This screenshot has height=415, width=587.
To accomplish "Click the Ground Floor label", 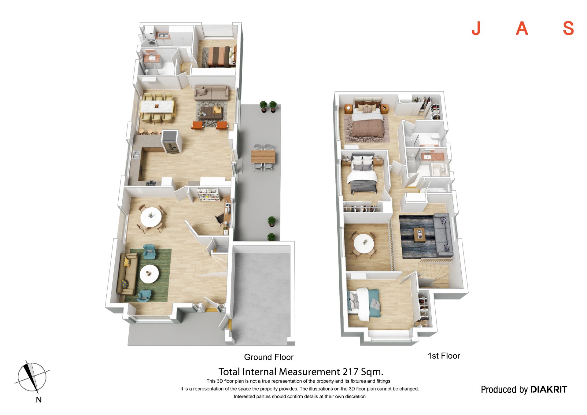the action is click(x=268, y=357).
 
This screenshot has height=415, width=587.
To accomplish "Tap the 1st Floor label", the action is click(x=444, y=356).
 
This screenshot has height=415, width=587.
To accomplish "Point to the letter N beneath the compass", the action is click(x=39, y=400).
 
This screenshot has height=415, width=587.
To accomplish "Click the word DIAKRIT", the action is click(x=548, y=389).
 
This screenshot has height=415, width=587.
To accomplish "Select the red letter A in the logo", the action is click(x=522, y=28).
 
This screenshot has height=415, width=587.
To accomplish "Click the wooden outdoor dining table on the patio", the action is click(x=263, y=157).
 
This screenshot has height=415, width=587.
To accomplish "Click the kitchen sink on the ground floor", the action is click(x=136, y=155).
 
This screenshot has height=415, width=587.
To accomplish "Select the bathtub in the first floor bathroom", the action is click(x=438, y=170).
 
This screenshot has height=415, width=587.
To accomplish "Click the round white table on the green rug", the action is click(x=149, y=274).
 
